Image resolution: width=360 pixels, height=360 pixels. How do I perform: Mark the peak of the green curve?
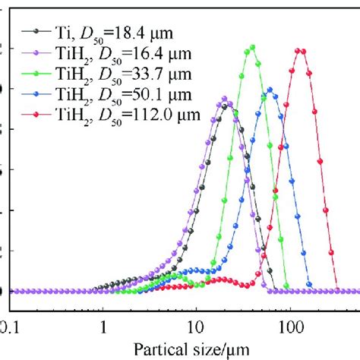pos(251,47)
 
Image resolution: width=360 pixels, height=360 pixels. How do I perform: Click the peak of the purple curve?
pos(224,99)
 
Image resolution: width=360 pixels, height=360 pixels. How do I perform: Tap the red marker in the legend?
pos(36,115)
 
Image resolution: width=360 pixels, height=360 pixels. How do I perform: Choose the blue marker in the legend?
pos(36,94)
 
